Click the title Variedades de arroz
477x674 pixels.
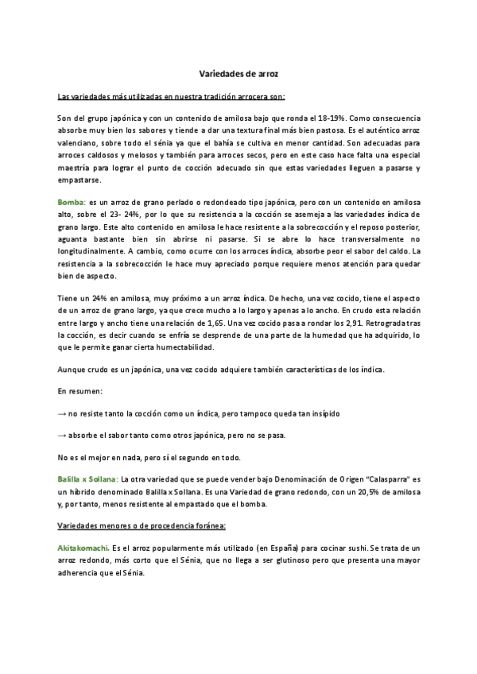click(238, 73)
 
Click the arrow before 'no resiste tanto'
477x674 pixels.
click(63, 415)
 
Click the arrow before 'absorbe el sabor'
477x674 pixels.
click(63, 436)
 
